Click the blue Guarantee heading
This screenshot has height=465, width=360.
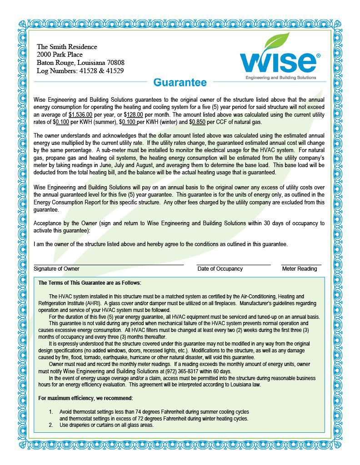(180, 83)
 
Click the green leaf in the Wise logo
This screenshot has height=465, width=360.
(278, 43)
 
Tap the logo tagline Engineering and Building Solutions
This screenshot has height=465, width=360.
(280, 78)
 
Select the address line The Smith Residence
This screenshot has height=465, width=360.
(67, 47)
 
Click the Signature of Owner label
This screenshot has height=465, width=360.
(56, 269)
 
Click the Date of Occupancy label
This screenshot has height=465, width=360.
(220, 269)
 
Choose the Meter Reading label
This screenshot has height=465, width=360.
(300, 269)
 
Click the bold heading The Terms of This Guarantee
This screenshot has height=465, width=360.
(90, 283)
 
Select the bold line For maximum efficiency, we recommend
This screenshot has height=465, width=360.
(85, 398)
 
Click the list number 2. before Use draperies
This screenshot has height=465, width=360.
(51, 425)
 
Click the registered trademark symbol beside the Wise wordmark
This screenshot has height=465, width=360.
(318, 55)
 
